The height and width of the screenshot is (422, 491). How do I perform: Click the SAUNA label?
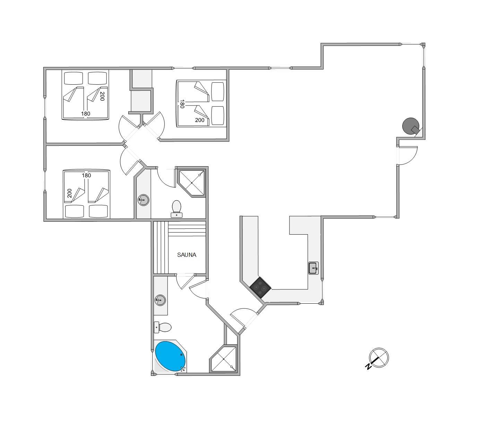[x=187, y=255]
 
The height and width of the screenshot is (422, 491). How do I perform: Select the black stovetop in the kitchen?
[x=260, y=287]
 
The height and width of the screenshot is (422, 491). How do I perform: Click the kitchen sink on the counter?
[x=313, y=268]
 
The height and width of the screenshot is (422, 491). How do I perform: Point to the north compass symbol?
[x=379, y=358]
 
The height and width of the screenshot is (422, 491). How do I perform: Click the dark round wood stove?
[x=411, y=126]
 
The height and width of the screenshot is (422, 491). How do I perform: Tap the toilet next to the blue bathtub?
[x=163, y=327]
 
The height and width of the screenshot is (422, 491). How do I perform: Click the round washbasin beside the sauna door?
[x=160, y=300]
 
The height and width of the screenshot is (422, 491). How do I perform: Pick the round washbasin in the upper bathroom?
[x=144, y=200]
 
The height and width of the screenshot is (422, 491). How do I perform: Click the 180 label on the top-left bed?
[x=86, y=113]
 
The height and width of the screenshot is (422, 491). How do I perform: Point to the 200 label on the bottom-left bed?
[x=69, y=193]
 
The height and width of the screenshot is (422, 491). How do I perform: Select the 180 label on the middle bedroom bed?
[x=182, y=104]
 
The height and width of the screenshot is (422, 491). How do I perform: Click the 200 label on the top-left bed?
[x=102, y=96]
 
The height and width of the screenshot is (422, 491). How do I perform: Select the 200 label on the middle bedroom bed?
[x=200, y=120]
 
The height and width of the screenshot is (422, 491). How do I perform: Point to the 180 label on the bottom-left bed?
[x=86, y=176]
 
